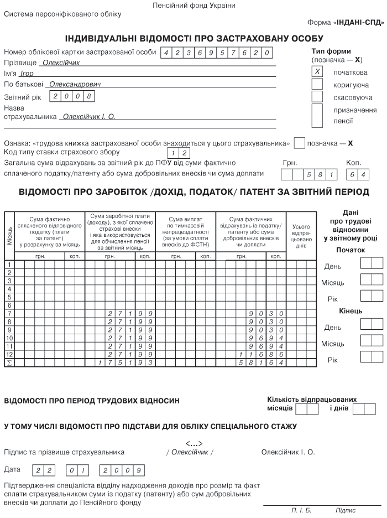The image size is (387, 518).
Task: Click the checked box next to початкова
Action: pyautogui.click(x=317, y=72)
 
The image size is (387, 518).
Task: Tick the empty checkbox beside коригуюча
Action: pyautogui.click(x=317, y=84)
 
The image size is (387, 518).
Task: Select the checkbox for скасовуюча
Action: pyautogui.click(x=317, y=97)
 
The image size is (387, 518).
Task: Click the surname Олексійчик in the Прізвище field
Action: pyautogui.click(x=61, y=63)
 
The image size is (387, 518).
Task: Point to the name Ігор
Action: pyautogui.click(x=27, y=73)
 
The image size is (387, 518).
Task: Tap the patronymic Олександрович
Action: pyautogui.click(x=75, y=84)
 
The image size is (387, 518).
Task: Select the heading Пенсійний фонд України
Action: pyautogui.click(x=193, y=6)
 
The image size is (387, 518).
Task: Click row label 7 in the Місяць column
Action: pyautogui.click(x=9, y=313)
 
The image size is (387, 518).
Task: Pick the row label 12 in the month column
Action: pyautogui.click(x=9, y=354)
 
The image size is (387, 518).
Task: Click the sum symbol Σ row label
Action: pyautogui.click(x=9, y=362)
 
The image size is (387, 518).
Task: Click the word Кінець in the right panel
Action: pyautogui.click(x=351, y=310)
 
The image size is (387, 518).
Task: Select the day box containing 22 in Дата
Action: pyautogui.click(x=41, y=470)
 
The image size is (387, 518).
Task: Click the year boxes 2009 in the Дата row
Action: pyautogui.click(x=122, y=470)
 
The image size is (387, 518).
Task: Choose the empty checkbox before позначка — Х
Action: pyautogui.click(x=299, y=143)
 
